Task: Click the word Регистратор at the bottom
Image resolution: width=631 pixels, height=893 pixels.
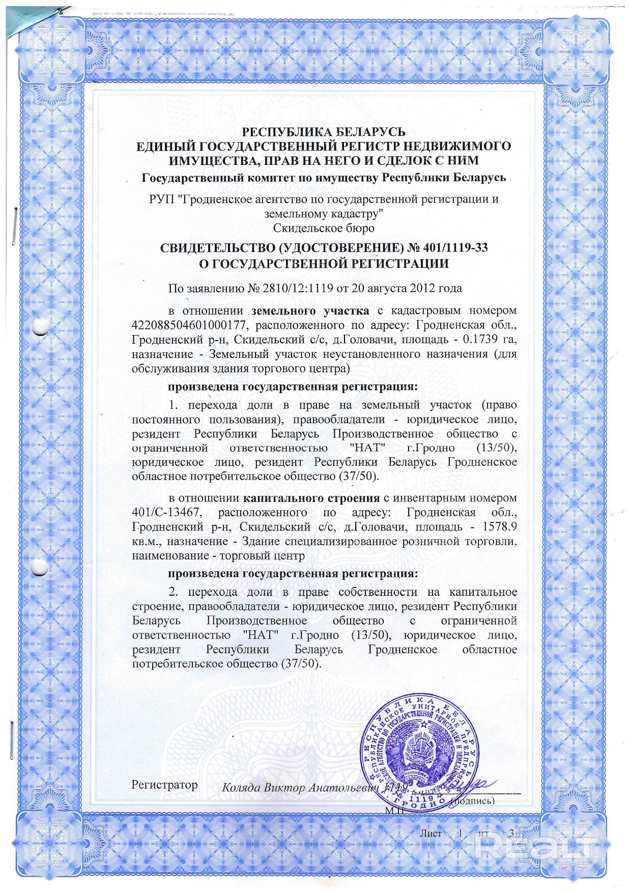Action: tap(164, 785)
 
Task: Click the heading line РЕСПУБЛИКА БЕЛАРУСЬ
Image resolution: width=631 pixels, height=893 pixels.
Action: tap(324, 132)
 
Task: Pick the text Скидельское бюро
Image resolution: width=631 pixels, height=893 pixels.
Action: tap(324, 228)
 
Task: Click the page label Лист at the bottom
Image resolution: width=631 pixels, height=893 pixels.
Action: tap(431, 833)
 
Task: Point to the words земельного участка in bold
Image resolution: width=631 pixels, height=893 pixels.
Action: tap(310, 311)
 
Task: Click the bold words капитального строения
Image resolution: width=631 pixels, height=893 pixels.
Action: tap(311, 498)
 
